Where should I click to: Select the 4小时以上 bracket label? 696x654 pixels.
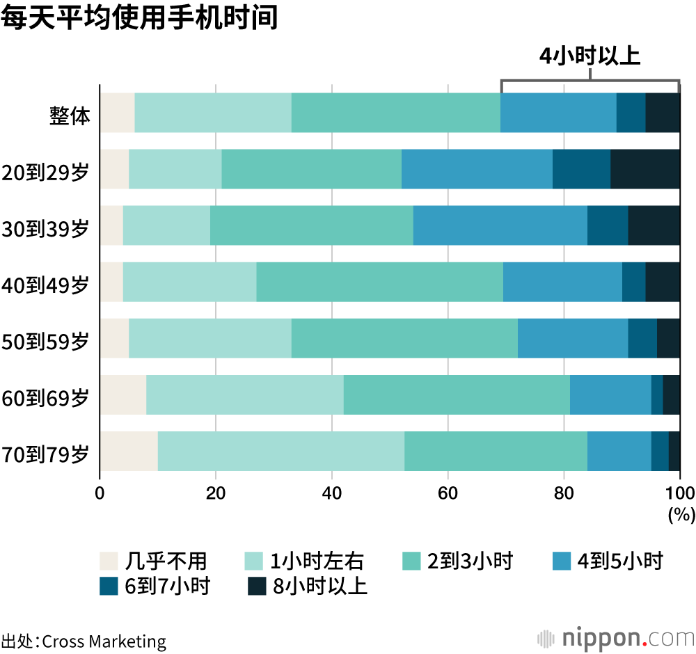pos(590,56)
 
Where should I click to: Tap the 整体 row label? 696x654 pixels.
pos(70,113)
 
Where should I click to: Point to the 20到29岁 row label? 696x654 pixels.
pos(46,170)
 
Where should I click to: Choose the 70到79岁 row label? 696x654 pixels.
pos(46,452)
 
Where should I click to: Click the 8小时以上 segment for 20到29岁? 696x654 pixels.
pos(645,168)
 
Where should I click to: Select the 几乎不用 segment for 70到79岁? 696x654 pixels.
pos(129,451)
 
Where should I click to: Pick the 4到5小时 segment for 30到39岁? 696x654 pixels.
pos(500,225)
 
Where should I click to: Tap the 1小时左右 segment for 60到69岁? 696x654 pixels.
pos(244,394)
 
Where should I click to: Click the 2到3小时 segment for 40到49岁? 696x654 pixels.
pos(379,281)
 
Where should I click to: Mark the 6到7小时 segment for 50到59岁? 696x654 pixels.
pos(642,338)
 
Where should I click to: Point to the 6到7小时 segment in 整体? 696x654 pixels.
pos(631,112)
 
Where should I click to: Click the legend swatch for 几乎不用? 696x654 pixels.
pos(110,561)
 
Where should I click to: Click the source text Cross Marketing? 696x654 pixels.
pos(104,641)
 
